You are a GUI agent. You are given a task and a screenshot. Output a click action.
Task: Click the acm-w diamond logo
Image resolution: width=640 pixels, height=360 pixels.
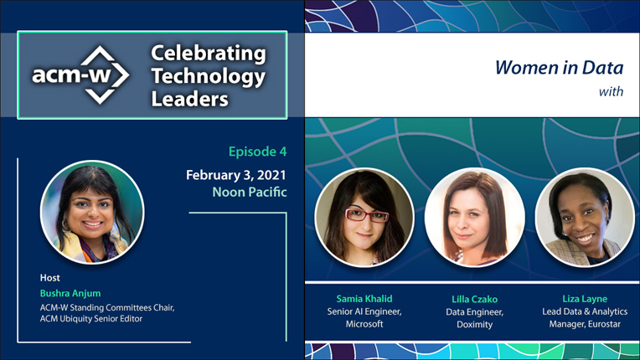tap(80, 75)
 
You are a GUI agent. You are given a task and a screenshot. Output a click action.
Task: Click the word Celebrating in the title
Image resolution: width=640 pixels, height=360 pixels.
tap(209, 54)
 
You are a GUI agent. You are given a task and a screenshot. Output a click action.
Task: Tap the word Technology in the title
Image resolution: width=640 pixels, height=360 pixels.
tap(208, 77)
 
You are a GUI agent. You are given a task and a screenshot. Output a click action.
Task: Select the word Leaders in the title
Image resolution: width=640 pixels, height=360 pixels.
tap(190, 99)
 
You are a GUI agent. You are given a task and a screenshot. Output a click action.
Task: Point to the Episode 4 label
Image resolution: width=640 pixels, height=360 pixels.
tap(257, 152)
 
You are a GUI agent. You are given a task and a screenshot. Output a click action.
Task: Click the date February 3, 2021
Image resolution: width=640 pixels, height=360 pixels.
tap(236, 175)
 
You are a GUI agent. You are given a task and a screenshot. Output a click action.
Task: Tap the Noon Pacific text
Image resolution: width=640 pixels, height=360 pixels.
tap(250, 192)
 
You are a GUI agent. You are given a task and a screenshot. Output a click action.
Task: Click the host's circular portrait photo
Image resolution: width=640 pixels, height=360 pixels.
tap(92, 213)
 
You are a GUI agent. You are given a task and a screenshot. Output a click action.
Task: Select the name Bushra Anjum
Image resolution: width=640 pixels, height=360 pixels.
tap(70, 293)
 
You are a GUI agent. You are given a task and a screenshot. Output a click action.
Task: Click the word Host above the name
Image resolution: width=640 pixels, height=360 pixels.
tap(49, 278)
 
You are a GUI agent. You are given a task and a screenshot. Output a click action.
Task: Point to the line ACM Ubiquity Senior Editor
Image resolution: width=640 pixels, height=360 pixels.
tap(91, 318)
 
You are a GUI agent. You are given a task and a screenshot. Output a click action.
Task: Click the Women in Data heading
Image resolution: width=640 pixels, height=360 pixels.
tap(560, 67)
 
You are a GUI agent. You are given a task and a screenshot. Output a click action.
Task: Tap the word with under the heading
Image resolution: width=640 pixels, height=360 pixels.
tap(611, 91)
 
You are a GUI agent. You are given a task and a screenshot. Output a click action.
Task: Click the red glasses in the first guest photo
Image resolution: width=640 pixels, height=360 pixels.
tap(367, 215)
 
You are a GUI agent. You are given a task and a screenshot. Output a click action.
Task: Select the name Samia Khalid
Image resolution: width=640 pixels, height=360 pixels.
tap(364, 299)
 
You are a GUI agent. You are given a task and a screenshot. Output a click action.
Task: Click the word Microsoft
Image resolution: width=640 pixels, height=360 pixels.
tap(364, 324)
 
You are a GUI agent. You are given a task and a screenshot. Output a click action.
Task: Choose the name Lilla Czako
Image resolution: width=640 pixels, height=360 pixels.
tap(474, 299)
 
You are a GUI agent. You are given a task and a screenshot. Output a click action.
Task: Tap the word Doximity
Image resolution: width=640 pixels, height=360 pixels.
tap(474, 325)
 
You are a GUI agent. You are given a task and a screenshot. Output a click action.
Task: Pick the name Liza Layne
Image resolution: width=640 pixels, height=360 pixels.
tap(585, 299)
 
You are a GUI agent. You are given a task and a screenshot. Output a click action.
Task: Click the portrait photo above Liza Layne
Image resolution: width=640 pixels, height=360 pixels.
tap(585, 218)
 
